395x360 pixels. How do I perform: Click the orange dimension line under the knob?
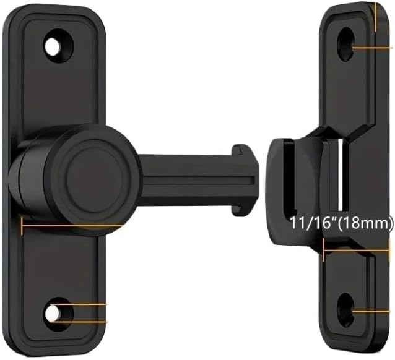[x=68, y=226]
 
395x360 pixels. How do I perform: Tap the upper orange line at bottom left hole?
[x=84, y=304]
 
